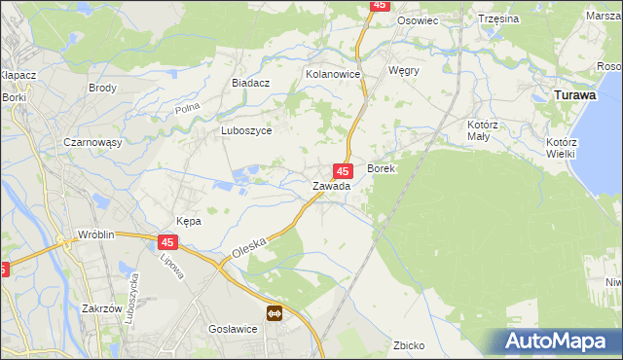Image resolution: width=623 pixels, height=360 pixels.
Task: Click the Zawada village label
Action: [x=331, y=186]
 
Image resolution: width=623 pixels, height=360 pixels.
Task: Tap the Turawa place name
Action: [x=574, y=95]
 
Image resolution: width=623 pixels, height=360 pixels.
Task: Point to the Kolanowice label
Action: [x=333, y=74]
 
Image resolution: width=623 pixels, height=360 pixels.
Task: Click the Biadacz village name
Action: [x=250, y=84]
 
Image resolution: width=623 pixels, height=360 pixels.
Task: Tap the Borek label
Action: [x=381, y=168]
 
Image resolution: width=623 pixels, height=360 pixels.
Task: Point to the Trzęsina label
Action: [x=499, y=18]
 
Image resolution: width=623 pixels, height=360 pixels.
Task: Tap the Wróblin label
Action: [x=98, y=236]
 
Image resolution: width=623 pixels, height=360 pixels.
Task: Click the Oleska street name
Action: [x=249, y=250]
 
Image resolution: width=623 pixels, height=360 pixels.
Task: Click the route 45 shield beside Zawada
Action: [x=343, y=170]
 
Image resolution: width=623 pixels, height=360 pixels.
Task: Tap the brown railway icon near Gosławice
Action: [x=275, y=312]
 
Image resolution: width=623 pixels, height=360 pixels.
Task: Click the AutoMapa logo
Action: [x=557, y=342]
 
